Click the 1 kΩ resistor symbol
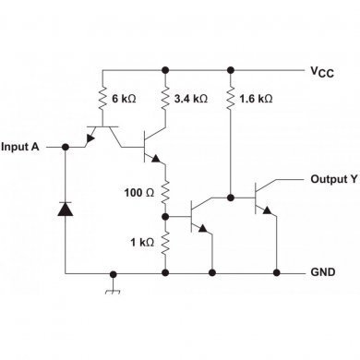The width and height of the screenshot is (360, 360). point(165,244)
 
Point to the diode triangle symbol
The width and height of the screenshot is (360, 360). point(66,209)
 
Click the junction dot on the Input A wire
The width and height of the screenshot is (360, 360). point(66,147)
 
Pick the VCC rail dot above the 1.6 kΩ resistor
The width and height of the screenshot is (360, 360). point(230,69)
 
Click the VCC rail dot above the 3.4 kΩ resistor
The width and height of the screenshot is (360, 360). point(165,69)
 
